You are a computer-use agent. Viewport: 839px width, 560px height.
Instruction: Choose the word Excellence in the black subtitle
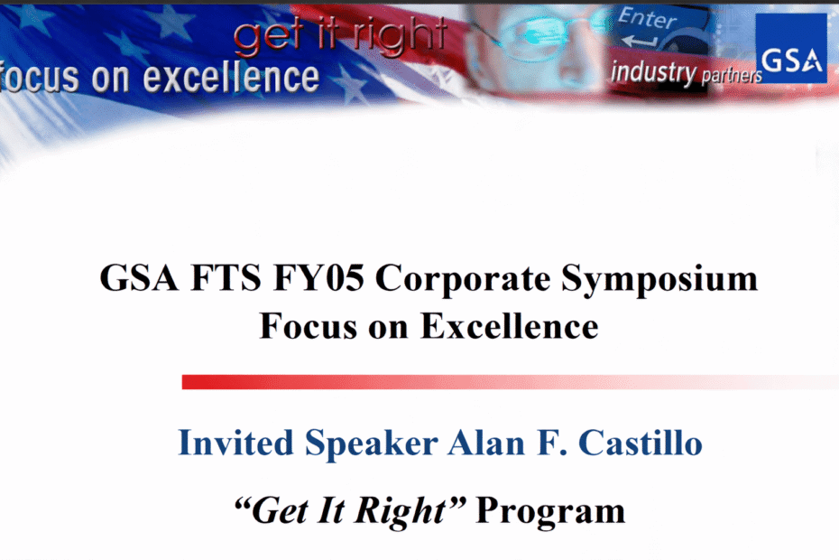510,324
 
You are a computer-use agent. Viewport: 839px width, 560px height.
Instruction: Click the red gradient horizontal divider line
505,382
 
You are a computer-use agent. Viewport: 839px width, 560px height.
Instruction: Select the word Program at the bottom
549,511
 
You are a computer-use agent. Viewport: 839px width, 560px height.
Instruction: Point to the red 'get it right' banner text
339,35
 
